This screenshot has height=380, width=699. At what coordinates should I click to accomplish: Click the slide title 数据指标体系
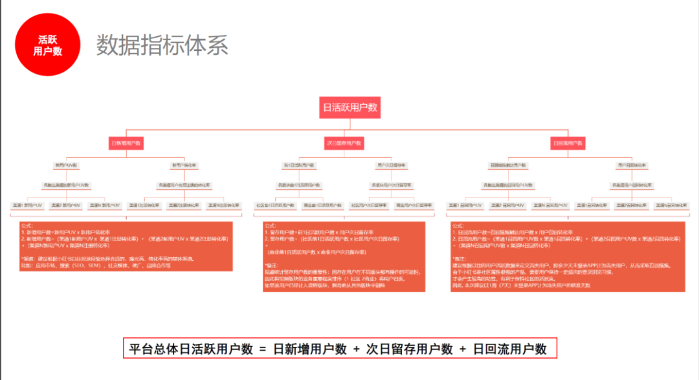(x=162, y=45)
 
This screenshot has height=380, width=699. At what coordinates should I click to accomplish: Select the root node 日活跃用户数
(x=349, y=107)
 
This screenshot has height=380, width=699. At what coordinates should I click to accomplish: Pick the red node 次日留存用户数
(x=344, y=142)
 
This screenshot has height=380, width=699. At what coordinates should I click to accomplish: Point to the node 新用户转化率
(x=184, y=165)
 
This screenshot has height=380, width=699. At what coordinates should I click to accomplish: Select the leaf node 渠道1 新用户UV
(x=27, y=205)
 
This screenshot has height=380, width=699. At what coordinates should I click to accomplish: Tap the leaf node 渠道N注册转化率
(x=223, y=205)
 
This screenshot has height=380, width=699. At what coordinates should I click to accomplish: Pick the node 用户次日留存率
(x=391, y=165)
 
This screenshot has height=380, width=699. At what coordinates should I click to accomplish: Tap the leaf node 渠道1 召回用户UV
(x=465, y=205)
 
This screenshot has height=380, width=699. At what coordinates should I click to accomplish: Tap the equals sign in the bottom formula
(x=263, y=349)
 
